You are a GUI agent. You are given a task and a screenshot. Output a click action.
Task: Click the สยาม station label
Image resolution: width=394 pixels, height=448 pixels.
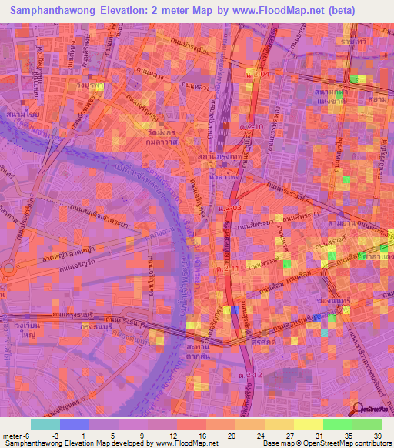tap(376, 100)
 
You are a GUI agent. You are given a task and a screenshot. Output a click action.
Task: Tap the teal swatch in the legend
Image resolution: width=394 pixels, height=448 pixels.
tap(45, 425)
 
